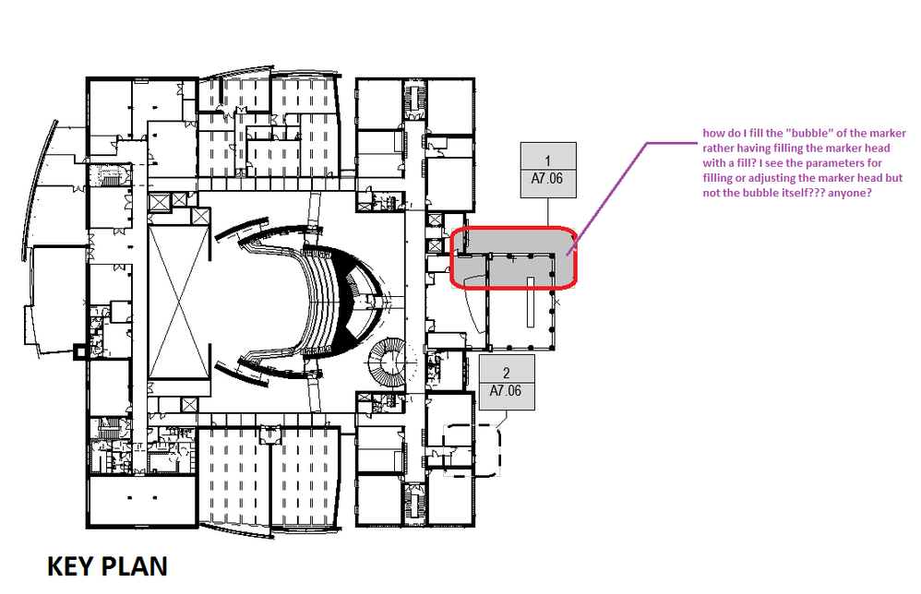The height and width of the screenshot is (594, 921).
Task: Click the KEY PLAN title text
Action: (107, 566)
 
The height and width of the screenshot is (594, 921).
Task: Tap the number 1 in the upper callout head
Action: (548, 160)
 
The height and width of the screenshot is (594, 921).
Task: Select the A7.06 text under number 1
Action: (547, 178)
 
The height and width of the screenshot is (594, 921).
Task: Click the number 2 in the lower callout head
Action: (507, 373)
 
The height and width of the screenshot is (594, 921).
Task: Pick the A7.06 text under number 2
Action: (506, 390)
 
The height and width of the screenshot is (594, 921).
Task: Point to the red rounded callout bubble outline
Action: (513, 228)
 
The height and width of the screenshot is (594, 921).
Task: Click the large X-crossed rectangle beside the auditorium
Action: (179, 303)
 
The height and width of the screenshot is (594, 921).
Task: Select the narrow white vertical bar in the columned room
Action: (531, 302)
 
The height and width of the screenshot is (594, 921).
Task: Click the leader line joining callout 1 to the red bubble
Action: (548, 212)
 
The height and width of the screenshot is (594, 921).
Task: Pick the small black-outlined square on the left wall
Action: (79, 351)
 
